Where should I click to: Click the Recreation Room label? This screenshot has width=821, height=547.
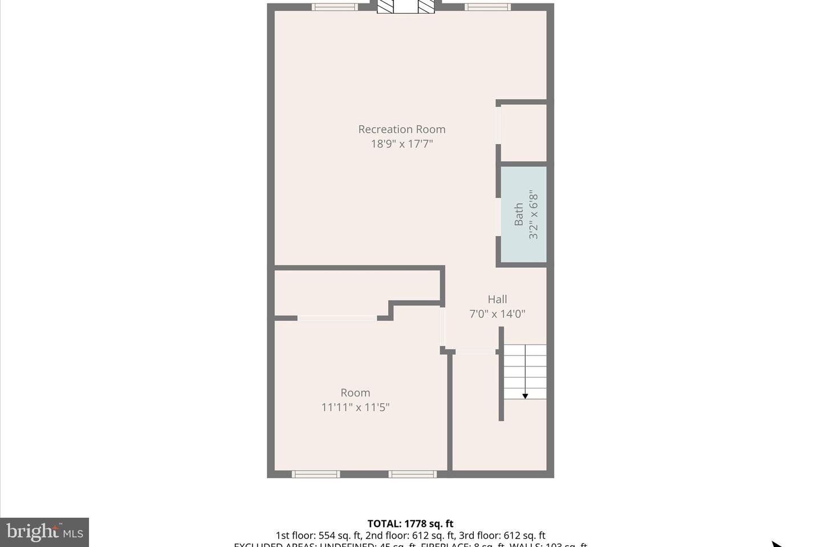pos(401,129)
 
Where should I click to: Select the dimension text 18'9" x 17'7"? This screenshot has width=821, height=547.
pos(401,144)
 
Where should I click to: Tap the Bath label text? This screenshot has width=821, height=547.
pos(519,214)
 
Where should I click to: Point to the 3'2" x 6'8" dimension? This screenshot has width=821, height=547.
pos(534,214)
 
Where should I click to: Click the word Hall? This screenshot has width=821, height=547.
pos(497,299)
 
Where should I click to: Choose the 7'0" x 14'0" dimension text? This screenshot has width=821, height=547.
pos(497,314)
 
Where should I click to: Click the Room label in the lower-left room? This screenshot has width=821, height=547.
pos(355,393)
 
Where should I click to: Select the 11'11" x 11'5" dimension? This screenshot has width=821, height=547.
pos(355,407)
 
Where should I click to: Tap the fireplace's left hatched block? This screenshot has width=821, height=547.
pos(386,6)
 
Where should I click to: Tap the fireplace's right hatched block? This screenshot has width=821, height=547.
pos(426,6)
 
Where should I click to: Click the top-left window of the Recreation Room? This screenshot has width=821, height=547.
pos(335,7)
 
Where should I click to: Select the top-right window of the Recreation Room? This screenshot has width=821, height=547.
pos(487,7)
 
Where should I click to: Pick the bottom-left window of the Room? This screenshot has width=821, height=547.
pos(316,474)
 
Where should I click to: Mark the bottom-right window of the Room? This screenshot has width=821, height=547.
pos(413,474)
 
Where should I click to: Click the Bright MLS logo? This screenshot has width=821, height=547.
pos(44,532)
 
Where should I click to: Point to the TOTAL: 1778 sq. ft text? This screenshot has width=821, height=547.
pos(410,524)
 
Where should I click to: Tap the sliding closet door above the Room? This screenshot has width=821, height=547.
pos(337,318)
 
